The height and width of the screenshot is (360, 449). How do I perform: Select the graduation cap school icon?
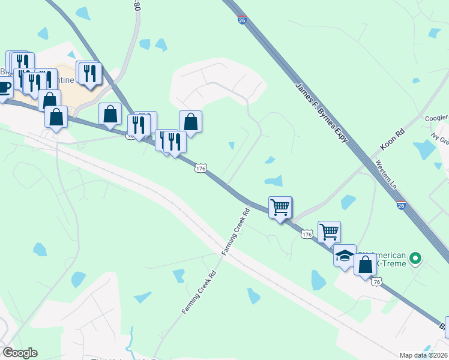point(345,256)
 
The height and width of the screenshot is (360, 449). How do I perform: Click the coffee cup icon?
point(4,87)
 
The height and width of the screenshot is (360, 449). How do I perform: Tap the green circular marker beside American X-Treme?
point(415,260)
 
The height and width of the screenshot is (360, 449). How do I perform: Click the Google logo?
point(20,353)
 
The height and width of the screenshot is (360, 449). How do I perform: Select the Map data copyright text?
point(423,355)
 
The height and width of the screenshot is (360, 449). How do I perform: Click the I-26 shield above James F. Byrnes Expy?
point(241,20)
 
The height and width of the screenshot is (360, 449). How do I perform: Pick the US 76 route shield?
point(376,281)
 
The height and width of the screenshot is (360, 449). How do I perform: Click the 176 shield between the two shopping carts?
point(307,234)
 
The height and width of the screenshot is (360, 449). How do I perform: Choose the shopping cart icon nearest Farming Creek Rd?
point(280,208)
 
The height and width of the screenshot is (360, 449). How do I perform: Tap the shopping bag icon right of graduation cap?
point(365,264)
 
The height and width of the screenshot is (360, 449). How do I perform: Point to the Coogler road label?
point(436,119)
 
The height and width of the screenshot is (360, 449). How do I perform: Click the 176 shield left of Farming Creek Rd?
point(200,169)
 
